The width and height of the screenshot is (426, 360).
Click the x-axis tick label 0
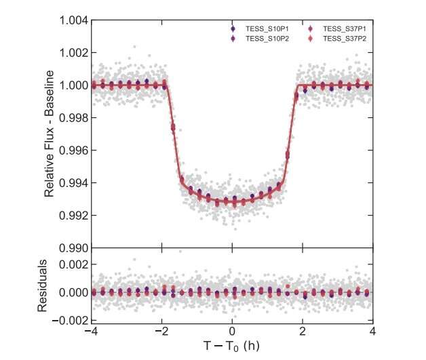233,332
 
